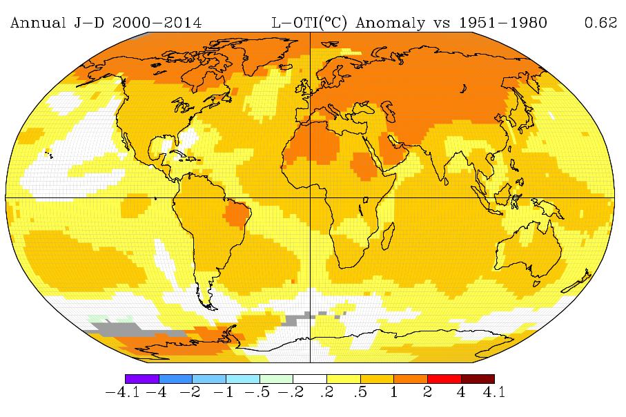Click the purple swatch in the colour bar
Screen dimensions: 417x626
(141, 379)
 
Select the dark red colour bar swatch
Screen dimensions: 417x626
(478, 379)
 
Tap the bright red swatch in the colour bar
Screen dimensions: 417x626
(444, 379)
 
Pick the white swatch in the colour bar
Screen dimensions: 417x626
(310, 379)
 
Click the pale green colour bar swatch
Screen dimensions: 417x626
(276, 379)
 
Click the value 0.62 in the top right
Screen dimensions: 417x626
(600, 23)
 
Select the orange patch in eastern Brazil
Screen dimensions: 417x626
(237, 215)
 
